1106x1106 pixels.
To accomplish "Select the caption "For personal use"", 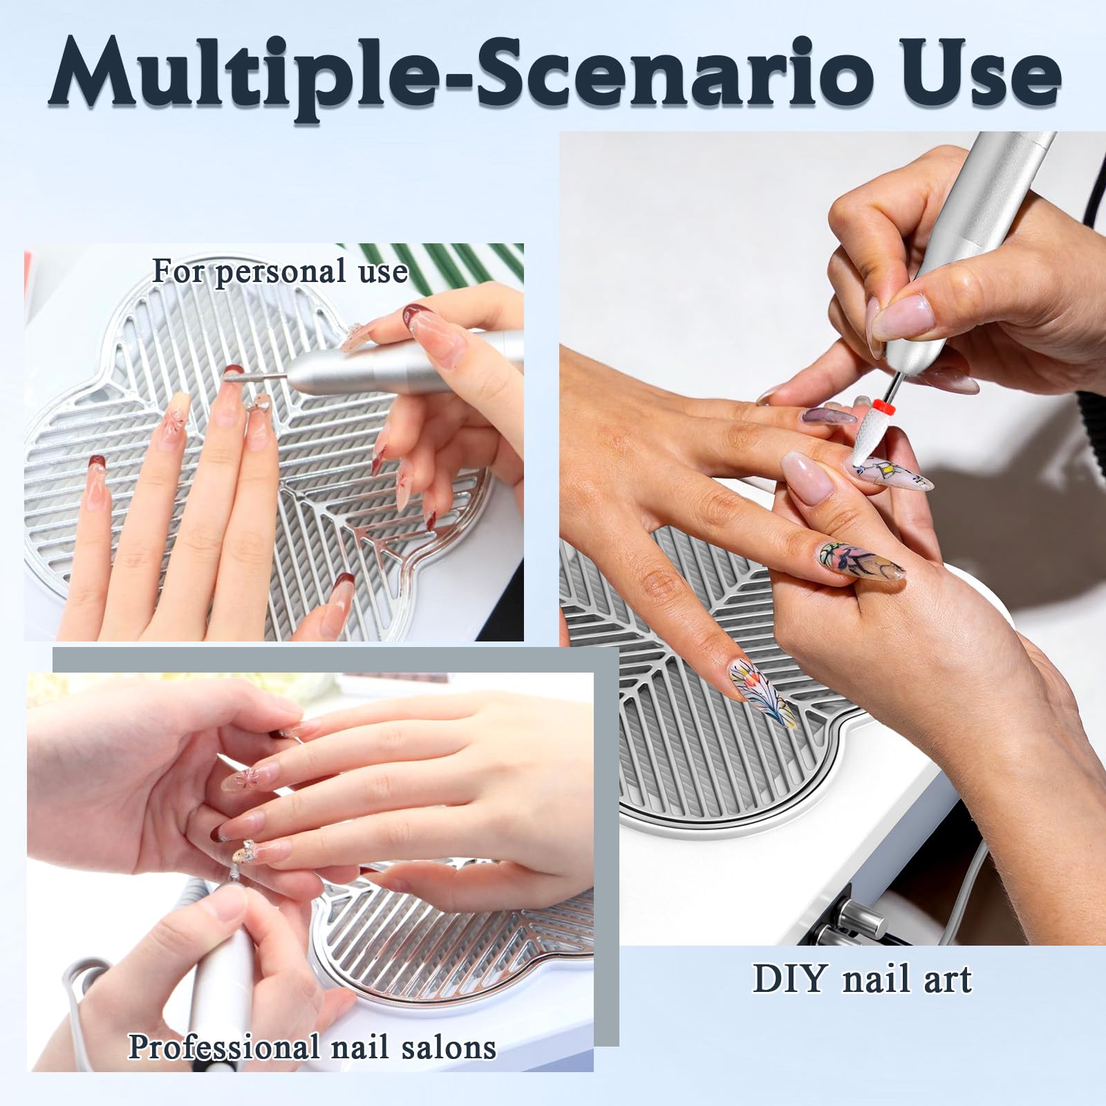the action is point(280,271).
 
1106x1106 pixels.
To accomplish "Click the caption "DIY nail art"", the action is point(862,979).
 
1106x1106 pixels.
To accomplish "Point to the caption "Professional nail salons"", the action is point(312,1047).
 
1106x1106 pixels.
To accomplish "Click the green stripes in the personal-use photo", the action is point(442,266).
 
